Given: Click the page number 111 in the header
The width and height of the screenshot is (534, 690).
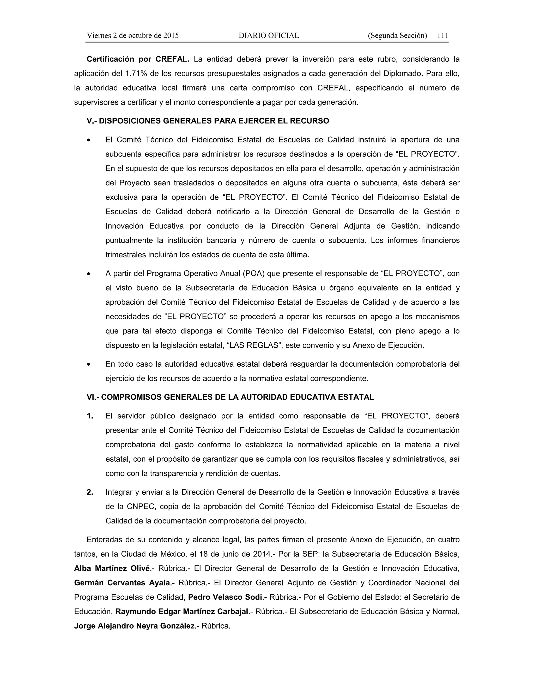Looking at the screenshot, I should pos(442,35).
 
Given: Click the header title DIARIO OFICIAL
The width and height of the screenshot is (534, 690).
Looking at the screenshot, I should pos(269,35).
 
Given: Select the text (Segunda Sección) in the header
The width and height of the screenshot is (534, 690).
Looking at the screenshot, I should pos(397,35).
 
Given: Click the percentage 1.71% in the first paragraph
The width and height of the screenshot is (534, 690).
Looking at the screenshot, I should pos(137,74).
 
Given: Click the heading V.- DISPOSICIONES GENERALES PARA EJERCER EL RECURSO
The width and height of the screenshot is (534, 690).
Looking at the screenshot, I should pos(208,121).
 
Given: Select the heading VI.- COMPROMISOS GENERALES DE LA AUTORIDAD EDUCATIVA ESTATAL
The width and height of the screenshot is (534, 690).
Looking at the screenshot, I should pos(230,397).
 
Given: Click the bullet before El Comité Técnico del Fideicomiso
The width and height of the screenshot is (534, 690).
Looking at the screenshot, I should pos(89,140).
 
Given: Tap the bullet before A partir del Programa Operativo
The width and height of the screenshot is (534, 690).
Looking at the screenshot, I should pos(89,274).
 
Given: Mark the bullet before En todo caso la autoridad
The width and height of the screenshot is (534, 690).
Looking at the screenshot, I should pos(89,365).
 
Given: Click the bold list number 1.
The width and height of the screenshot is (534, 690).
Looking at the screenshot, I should pos(90,416).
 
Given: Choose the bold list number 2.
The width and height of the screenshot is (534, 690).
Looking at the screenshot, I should pos(90,492).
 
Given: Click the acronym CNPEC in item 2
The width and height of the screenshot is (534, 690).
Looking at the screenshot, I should pos(141,506).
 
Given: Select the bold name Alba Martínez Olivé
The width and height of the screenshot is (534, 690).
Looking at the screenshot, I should pos(112,568).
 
